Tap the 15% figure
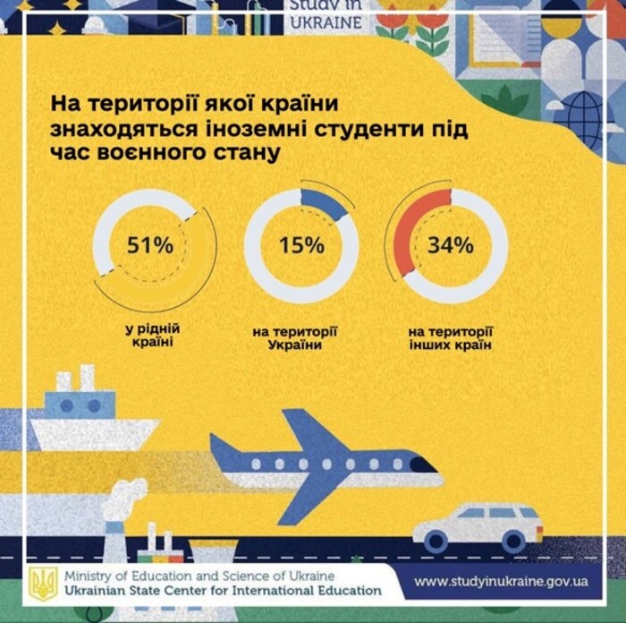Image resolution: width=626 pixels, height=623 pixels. pyautogui.click(x=301, y=245)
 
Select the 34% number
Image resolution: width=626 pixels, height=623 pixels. pyautogui.click(x=450, y=245)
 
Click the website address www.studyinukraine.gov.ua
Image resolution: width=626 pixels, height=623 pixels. pyautogui.click(x=501, y=581)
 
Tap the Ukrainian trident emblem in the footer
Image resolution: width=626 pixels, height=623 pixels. pyautogui.click(x=43, y=582)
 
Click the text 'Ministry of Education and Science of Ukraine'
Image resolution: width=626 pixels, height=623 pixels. pyautogui.click(x=199, y=575)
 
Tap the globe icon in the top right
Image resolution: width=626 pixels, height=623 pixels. pyautogui.click(x=586, y=118)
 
